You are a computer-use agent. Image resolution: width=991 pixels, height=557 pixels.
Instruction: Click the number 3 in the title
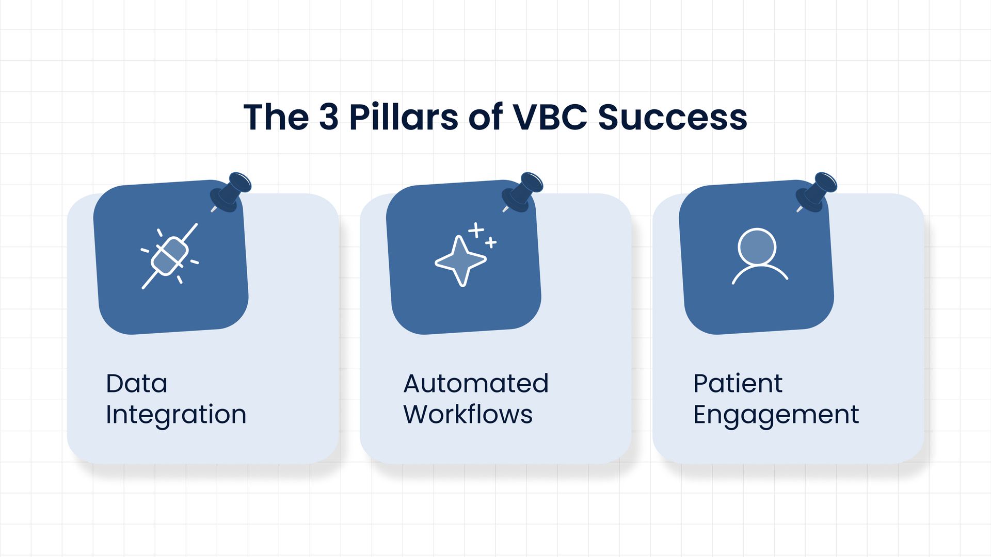click(x=329, y=117)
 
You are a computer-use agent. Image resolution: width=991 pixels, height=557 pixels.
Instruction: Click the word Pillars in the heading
click(x=404, y=117)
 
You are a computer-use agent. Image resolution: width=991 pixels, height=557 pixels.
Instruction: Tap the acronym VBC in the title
click(x=550, y=117)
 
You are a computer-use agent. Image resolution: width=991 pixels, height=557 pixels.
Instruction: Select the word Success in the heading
click(x=673, y=117)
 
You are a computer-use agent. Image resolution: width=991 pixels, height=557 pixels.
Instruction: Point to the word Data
click(x=137, y=383)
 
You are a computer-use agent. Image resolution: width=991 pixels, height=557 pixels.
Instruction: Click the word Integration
click(x=176, y=415)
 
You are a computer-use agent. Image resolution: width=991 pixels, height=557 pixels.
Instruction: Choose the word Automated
click(x=476, y=383)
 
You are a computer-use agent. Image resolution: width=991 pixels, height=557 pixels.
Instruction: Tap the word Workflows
click(x=468, y=414)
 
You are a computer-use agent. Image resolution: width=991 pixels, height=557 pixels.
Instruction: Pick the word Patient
click(x=738, y=383)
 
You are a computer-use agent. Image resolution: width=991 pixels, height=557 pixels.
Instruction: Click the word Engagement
click(x=776, y=415)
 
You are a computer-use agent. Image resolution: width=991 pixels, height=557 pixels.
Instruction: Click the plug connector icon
click(x=170, y=256)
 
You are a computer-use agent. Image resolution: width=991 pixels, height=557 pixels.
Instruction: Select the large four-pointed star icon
click(x=460, y=261)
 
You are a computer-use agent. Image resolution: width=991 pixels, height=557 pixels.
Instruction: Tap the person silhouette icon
click(x=760, y=256)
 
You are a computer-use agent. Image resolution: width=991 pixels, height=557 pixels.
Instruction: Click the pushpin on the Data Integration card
click(x=230, y=192)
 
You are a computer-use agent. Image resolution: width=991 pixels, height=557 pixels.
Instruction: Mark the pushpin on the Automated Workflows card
click(x=522, y=192)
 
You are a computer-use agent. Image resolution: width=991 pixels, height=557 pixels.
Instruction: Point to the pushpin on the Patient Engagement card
click(x=816, y=192)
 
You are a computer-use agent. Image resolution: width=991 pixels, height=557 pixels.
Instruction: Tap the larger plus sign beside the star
click(x=476, y=230)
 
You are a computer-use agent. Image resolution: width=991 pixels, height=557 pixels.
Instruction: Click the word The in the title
click(x=276, y=117)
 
